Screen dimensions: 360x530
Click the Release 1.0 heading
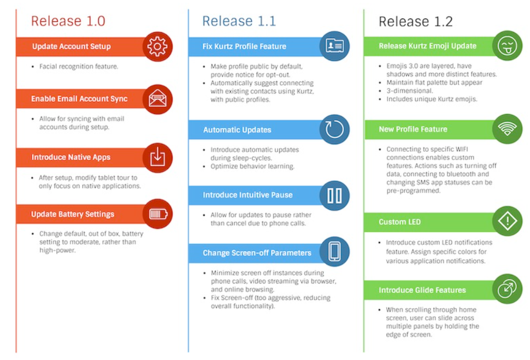68,21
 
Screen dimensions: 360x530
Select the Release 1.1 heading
239,21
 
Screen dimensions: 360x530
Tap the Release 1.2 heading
415,21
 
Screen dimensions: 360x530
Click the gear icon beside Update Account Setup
157,46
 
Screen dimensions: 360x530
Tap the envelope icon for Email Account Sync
157,99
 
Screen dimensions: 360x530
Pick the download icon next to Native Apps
157,157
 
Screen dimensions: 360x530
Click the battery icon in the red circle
157,214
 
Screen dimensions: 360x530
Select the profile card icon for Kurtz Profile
334,46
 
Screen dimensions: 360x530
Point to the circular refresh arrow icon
334,129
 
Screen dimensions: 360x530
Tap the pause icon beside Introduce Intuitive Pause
334,195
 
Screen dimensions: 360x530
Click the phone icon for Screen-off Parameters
334,251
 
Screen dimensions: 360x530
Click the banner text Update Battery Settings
73,214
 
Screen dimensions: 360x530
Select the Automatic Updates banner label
237,130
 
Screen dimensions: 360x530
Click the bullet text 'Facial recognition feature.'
79,67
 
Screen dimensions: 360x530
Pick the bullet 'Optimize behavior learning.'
252,166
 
